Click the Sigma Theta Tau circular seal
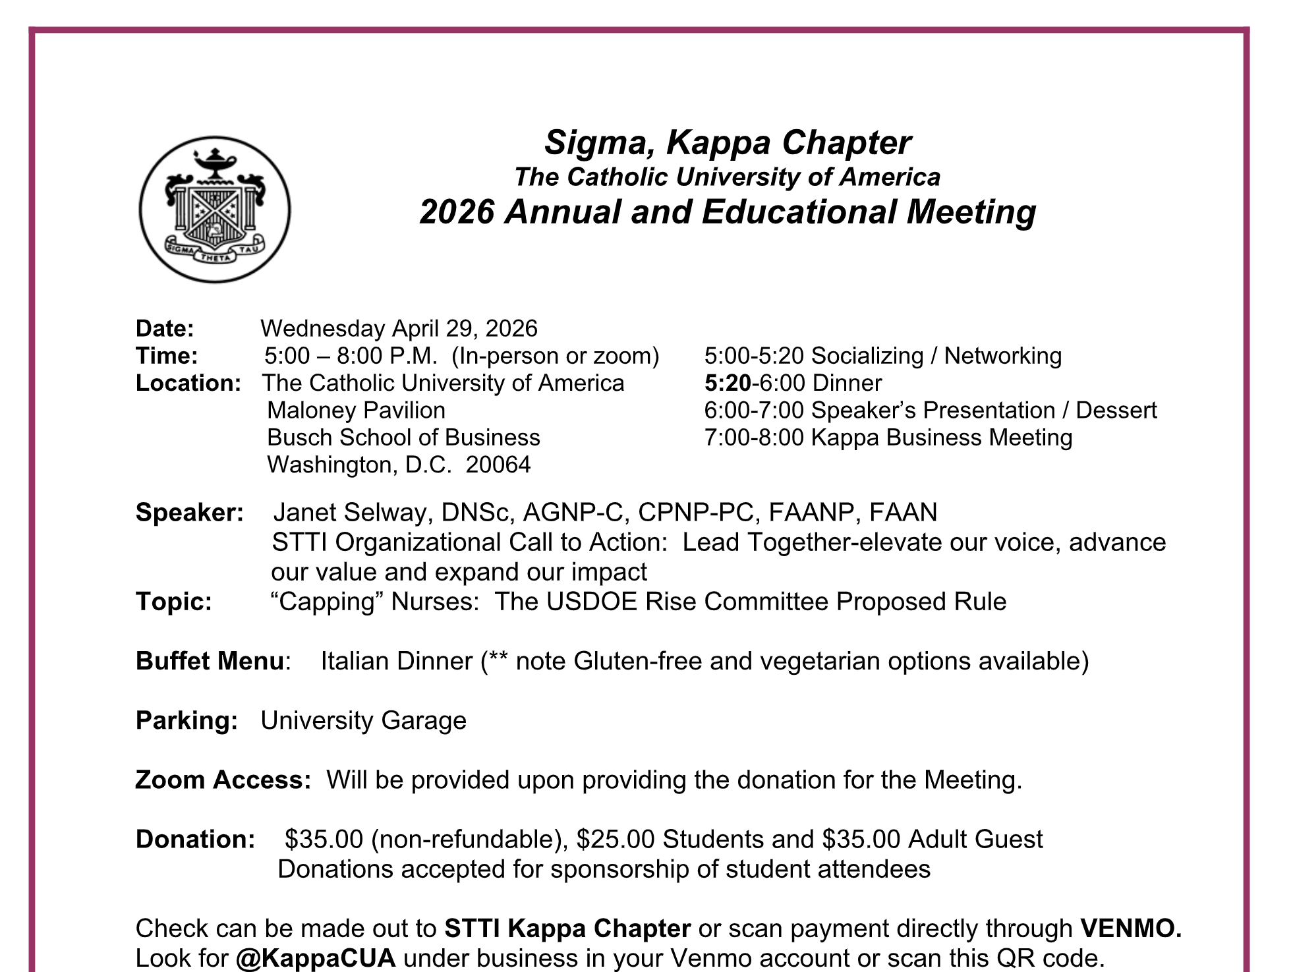tap(214, 210)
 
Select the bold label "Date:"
tap(165, 328)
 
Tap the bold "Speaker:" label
tap(189, 512)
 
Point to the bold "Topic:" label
tap(174, 602)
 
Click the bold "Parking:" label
tap(187, 720)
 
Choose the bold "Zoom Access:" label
tap(223, 780)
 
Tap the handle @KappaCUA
tap(316, 958)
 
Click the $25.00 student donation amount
tap(615, 839)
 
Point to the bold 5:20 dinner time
tap(727, 383)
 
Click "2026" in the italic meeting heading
tap(457, 212)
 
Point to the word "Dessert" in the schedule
tap(1116, 410)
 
